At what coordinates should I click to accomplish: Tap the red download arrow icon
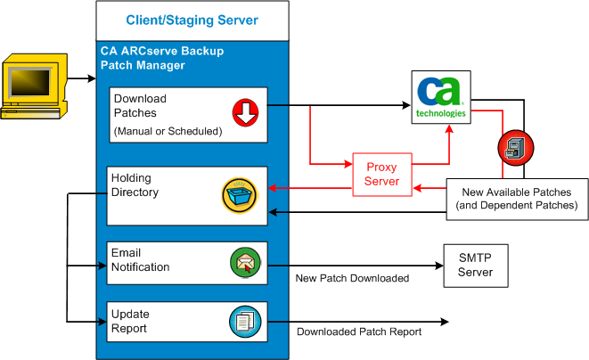coord(244,111)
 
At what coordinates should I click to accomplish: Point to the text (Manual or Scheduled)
coord(167,131)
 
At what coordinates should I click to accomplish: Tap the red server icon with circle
coord(515,147)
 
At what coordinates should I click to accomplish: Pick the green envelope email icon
coord(244,263)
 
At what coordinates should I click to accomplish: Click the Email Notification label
coord(140,259)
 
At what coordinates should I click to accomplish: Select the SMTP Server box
coord(474,264)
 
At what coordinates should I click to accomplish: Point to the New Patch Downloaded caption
coord(352,279)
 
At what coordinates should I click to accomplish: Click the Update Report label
coord(130,321)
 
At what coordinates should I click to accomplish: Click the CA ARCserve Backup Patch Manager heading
coord(161,58)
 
